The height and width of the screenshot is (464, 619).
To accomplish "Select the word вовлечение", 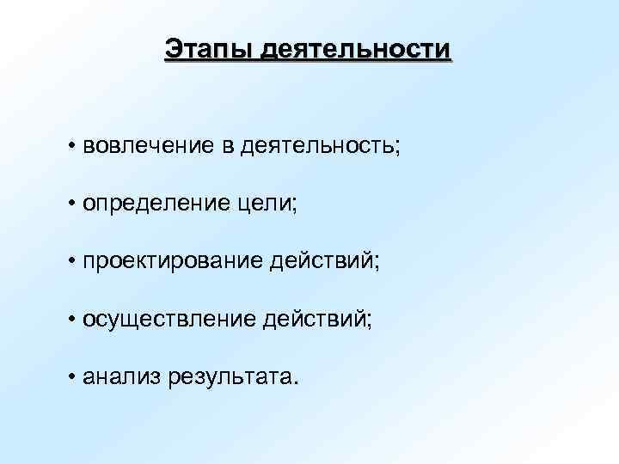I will coord(148,145).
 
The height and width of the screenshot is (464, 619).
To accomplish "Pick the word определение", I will coord(152,204).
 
